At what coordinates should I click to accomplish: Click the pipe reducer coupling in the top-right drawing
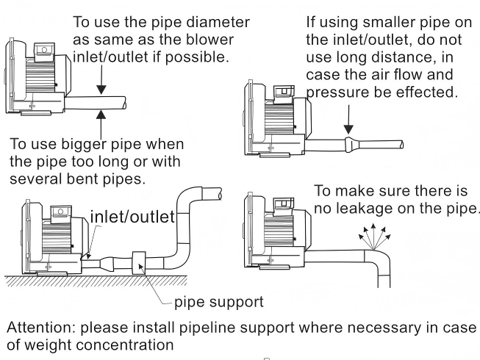348,144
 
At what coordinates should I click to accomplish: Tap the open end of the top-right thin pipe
401,145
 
